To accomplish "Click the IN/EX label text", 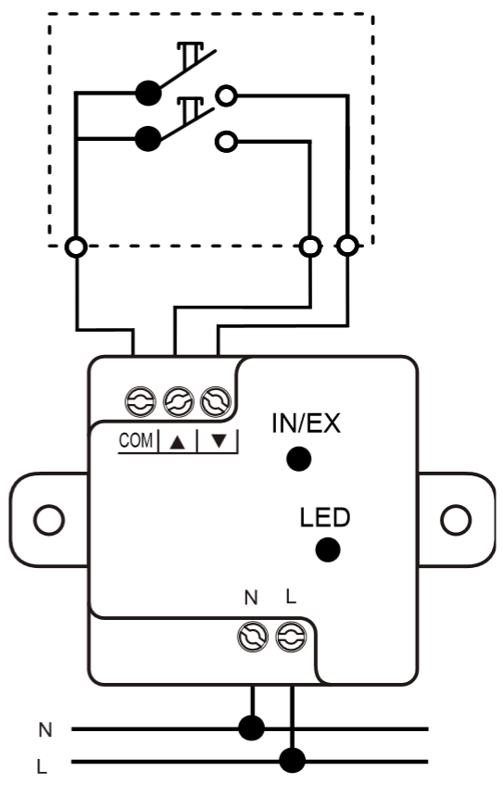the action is click(x=306, y=423).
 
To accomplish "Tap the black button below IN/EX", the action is click(x=298, y=459).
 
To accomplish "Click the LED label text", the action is click(x=325, y=517).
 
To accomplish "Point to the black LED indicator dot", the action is click(x=327, y=550).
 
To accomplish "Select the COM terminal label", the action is click(x=135, y=440).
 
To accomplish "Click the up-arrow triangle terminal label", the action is click(x=177, y=442).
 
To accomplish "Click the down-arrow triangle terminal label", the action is click(x=219, y=441).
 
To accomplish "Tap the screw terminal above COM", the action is click(x=140, y=401).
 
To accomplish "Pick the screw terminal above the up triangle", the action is click(x=178, y=401).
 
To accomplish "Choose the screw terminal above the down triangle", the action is click(x=216, y=401).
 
